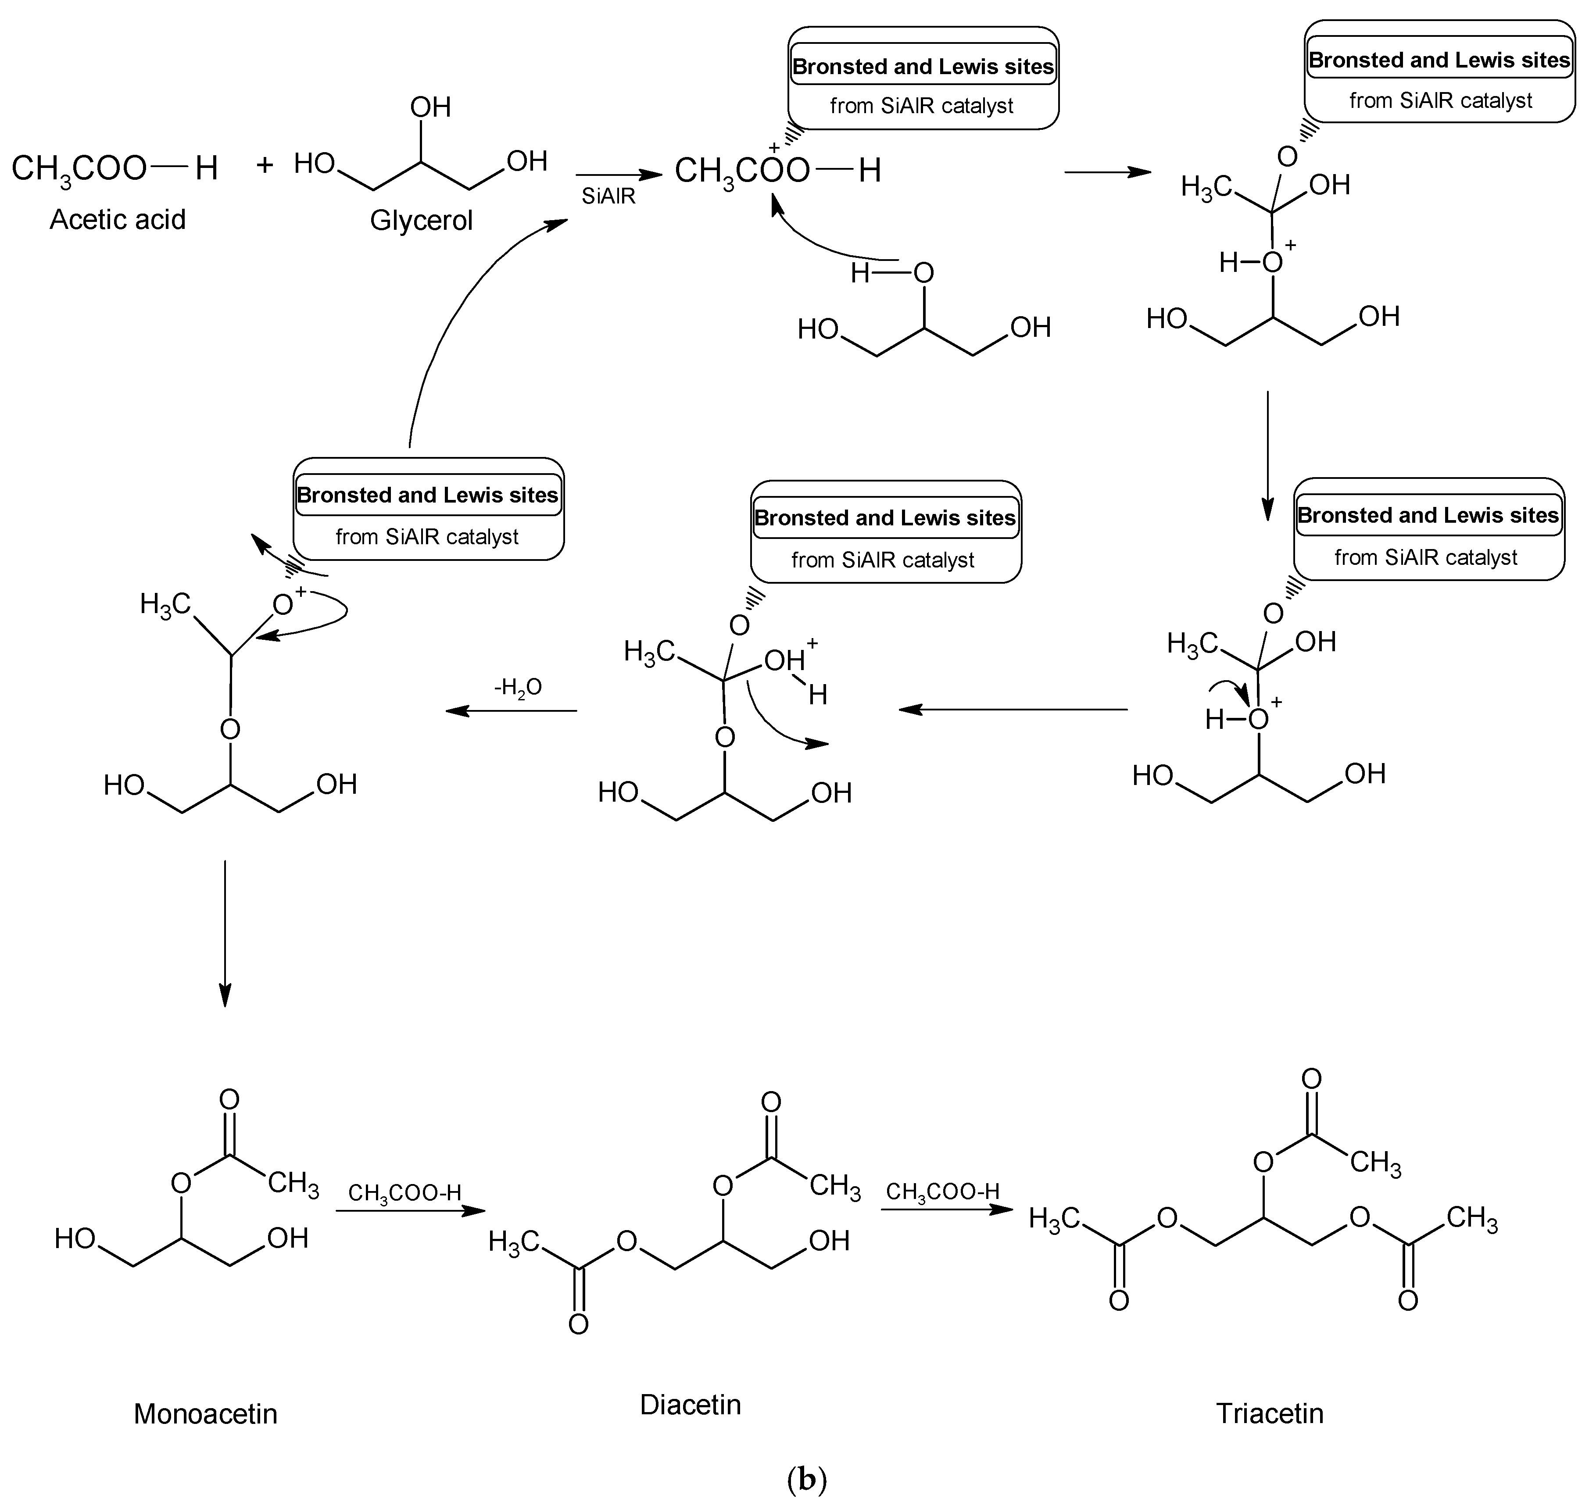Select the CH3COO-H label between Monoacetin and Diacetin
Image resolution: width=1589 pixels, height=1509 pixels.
(404, 1193)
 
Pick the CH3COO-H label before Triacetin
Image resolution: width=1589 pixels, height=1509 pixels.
(942, 1191)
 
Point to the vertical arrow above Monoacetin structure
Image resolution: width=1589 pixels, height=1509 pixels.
(225, 933)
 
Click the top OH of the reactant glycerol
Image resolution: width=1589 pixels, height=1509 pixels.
(430, 107)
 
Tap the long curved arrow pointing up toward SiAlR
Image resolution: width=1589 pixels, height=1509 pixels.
(451, 306)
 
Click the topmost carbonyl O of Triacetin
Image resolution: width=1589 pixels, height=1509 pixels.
(1311, 1079)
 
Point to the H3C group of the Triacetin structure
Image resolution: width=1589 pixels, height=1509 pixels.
(1054, 1220)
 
